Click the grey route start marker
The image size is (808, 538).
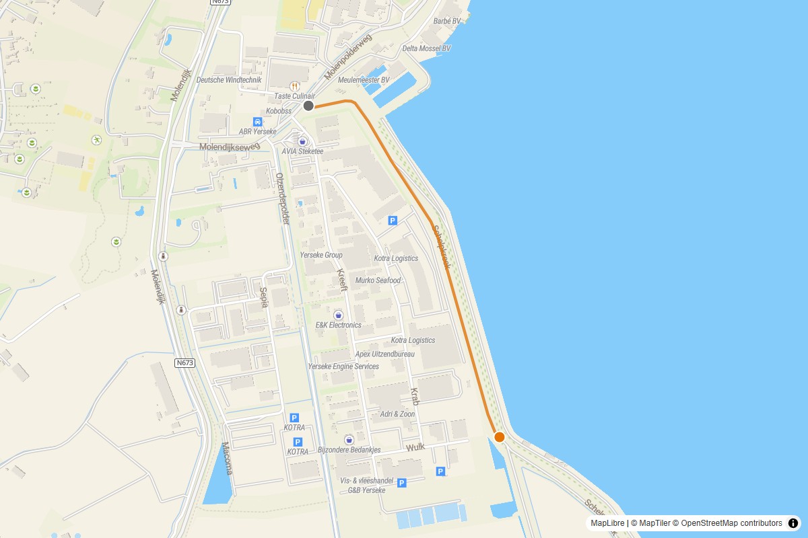point(308,106)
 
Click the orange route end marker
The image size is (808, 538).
point(500,437)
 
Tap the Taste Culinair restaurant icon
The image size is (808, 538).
point(294,86)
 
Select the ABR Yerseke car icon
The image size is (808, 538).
point(257,121)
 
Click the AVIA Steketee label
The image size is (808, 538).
point(302,151)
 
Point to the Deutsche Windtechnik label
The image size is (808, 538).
point(229,80)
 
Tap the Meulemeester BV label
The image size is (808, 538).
point(364,80)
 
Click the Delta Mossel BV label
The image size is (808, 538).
point(426,48)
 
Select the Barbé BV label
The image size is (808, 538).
point(447,22)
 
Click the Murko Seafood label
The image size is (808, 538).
point(378,280)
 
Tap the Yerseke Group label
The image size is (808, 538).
point(321,256)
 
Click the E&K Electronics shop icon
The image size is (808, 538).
point(338,315)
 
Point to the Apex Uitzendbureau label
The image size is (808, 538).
point(385,354)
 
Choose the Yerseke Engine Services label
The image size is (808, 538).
point(343,367)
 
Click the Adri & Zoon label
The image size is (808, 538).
point(398,414)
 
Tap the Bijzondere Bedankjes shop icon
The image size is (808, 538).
point(349,439)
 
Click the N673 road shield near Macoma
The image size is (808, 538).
point(185,363)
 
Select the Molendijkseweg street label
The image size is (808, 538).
point(229,147)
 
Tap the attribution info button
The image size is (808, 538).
point(793,523)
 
